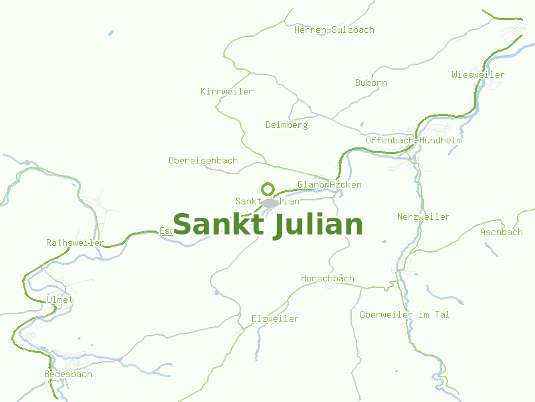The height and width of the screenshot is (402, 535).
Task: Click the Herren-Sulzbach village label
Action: click(334, 29)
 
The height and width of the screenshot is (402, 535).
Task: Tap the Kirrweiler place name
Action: click(227, 91)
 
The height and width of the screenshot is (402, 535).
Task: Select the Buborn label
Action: click(371, 83)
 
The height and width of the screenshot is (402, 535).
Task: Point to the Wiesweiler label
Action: click(478, 74)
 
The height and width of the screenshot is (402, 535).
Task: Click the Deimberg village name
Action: click(286, 125)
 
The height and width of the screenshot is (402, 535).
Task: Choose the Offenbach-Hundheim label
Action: click(414, 141)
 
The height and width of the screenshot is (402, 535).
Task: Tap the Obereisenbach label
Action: click(203, 161)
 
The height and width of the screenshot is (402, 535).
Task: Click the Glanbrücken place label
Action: click(330, 184)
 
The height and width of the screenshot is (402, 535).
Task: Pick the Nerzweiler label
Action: click(423, 217)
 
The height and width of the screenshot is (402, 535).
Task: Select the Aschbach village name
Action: click(502, 232)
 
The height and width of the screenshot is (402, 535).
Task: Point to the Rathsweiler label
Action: click(76, 243)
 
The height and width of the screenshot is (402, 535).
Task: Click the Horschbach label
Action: click(328, 279)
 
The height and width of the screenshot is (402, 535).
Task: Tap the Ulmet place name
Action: click(60, 300)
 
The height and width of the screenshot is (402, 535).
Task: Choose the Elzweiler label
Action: click(275, 319)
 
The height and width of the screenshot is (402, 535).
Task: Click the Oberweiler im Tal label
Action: click(405, 315)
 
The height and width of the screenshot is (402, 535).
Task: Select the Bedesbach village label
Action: click(68, 374)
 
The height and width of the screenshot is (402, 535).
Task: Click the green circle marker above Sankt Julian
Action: click(268, 189)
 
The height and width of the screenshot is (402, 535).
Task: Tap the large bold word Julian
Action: click(318, 225)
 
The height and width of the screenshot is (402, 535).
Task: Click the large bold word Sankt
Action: click(219, 224)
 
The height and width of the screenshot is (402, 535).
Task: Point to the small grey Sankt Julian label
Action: click(267, 202)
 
